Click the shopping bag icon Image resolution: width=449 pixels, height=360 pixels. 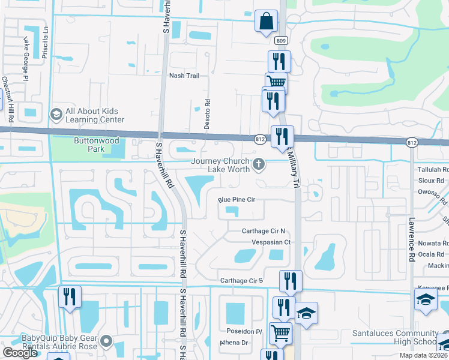point(265,21)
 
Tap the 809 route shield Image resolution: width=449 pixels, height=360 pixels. point(281,40)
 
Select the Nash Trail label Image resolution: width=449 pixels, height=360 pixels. point(184,76)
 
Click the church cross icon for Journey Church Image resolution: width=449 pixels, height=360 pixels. point(259,164)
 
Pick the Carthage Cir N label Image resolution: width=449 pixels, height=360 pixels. point(262,231)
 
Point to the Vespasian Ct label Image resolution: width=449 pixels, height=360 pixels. point(270,242)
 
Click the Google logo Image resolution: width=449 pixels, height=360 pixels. point(20,353)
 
